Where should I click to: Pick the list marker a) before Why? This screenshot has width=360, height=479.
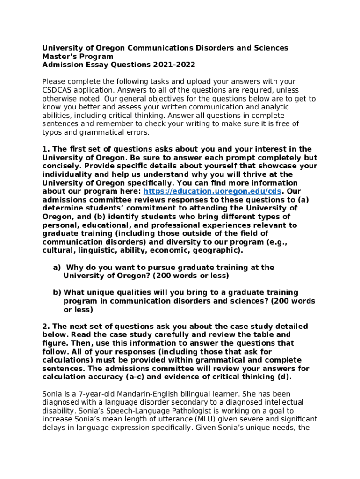click(x=57, y=268)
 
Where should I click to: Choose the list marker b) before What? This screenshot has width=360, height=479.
click(x=57, y=293)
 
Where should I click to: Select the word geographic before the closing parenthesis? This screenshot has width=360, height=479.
click(x=219, y=250)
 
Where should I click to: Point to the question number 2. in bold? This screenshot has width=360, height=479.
click(x=46, y=327)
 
